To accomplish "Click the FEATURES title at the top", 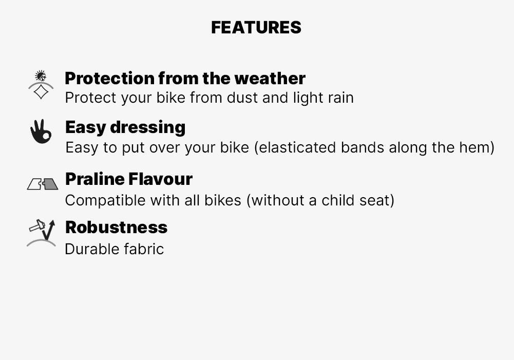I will point(256,28).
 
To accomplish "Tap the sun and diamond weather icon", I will point(41,85).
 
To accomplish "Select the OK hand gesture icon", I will point(41,132).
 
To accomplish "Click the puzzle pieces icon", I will point(42,184).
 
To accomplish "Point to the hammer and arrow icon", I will point(41,233).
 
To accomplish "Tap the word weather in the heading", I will point(270,79).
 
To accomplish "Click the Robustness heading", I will point(116,228).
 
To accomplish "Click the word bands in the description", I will point(363,148).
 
